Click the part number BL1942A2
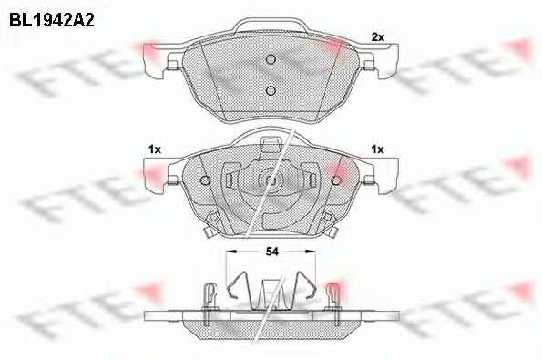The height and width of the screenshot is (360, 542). click(52, 21)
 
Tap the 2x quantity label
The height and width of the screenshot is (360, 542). click(378, 37)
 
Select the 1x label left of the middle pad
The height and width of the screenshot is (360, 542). click(155, 149)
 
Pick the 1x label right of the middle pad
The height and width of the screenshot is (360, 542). click(377, 149)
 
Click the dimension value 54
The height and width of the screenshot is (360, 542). click(271, 252)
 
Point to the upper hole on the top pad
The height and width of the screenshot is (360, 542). click(271, 59)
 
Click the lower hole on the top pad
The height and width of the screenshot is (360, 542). click(271, 90)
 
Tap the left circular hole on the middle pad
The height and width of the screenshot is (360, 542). click(205, 180)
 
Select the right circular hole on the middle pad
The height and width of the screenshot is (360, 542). click(336, 180)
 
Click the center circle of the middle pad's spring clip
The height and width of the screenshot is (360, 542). click(271, 180)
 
